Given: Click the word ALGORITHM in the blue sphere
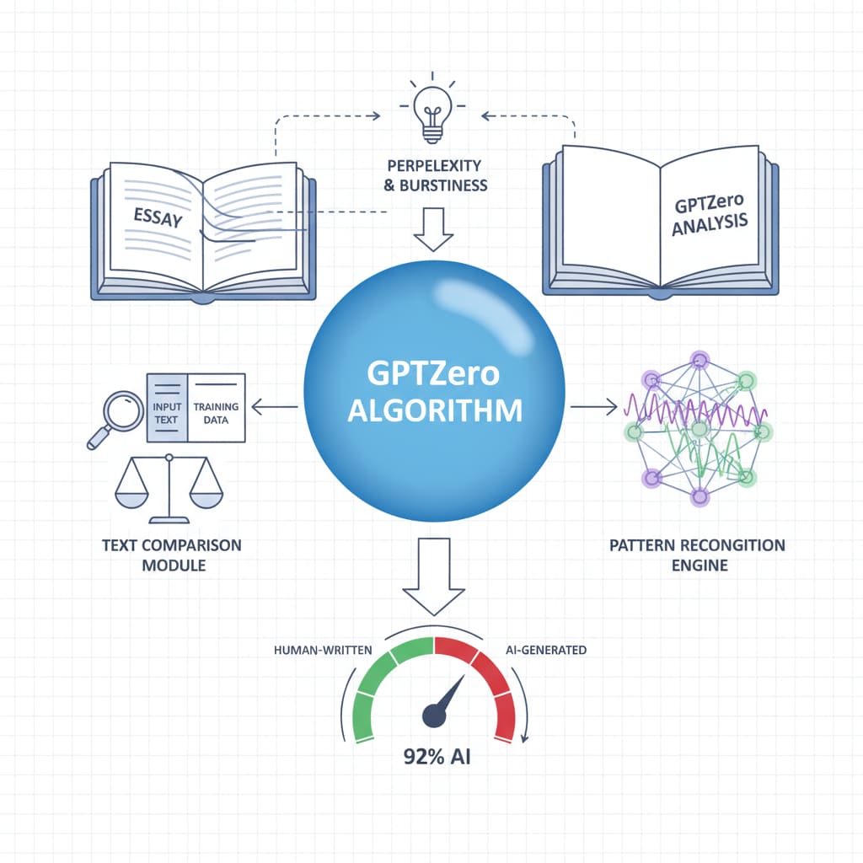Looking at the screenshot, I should [x=435, y=410].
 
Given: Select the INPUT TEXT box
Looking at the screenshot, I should [x=167, y=407].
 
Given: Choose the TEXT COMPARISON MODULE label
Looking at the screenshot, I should [x=171, y=555].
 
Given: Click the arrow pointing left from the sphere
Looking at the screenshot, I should [x=274, y=408].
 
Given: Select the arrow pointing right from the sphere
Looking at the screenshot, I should [x=593, y=408].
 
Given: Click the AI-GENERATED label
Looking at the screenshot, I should [x=546, y=651].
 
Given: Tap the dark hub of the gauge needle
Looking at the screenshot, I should [x=434, y=716].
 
